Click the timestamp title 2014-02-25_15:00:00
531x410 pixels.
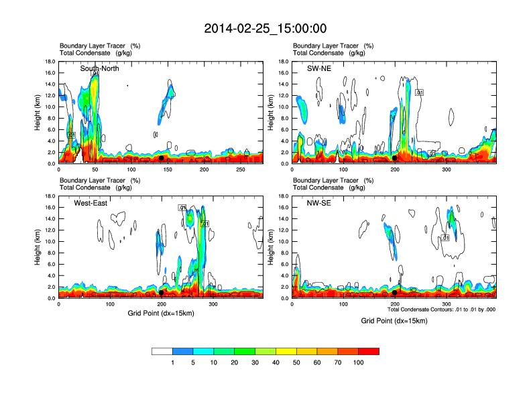[x=265, y=28]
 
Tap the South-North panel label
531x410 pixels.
[x=100, y=68]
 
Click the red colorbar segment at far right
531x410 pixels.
[x=369, y=351]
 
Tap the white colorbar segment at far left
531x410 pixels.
[x=162, y=351]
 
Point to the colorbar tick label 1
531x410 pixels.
[x=172, y=362]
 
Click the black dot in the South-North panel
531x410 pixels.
[x=161, y=158]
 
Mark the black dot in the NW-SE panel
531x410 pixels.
[x=395, y=293]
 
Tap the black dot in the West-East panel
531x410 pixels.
[x=162, y=293]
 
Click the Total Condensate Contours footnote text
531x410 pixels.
[x=441, y=310]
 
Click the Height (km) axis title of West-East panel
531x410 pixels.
[x=38, y=247]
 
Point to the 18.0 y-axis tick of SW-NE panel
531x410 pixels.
[x=283, y=62]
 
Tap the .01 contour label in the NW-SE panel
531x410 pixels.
[x=445, y=238]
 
